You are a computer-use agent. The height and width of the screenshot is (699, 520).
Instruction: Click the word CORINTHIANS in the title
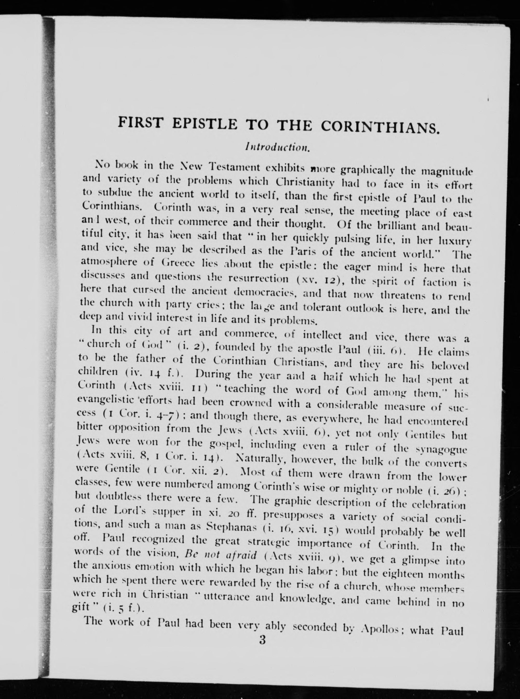coord(380,126)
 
